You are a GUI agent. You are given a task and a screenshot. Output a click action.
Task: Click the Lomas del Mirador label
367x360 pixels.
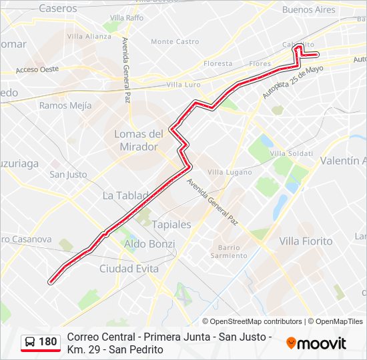point(139,140)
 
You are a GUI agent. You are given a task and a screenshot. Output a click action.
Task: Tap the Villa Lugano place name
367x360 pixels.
point(226,172)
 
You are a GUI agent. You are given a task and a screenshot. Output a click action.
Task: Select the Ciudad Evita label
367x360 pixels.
point(129,269)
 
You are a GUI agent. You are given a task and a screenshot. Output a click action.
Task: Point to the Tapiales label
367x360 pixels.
point(171,225)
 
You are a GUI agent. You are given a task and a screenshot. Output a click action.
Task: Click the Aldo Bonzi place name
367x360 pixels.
point(149,245)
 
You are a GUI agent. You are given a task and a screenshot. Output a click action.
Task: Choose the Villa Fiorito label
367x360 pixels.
point(306,241)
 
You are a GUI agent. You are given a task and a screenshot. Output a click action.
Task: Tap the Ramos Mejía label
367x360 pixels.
point(65,105)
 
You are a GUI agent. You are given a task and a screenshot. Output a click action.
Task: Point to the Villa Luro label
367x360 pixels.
point(183,85)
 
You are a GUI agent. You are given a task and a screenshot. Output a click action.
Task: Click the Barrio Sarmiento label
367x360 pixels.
point(229,251)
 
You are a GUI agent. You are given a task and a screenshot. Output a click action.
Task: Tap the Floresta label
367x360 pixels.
point(218,64)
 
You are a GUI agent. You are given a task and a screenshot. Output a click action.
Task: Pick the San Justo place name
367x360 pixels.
point(68,175)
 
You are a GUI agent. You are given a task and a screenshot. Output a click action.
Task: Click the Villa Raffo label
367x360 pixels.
point(127,17)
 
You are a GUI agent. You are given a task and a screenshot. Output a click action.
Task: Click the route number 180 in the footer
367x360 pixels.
point(48,341)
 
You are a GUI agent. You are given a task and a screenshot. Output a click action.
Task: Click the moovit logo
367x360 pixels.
point(316,343)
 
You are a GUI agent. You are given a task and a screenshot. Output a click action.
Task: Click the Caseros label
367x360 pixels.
point(58,9)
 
